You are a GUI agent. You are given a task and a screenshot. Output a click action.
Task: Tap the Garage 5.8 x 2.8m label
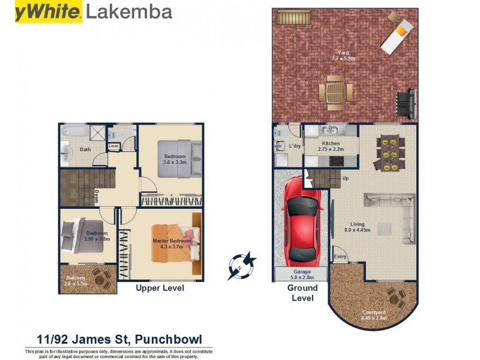[301, 275]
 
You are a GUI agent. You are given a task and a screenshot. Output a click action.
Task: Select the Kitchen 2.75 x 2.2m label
[331, 146]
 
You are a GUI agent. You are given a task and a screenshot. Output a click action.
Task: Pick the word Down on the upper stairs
[96, 197]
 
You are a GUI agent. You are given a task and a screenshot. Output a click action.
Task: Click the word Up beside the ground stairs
[345, 178]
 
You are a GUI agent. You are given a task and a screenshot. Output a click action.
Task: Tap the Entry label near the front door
[340, 257]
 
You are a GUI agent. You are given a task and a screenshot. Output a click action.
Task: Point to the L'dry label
[295, 146]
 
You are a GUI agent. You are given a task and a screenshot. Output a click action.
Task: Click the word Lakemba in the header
[129, 11]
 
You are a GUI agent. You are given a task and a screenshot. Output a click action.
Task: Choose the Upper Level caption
[160, 288]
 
